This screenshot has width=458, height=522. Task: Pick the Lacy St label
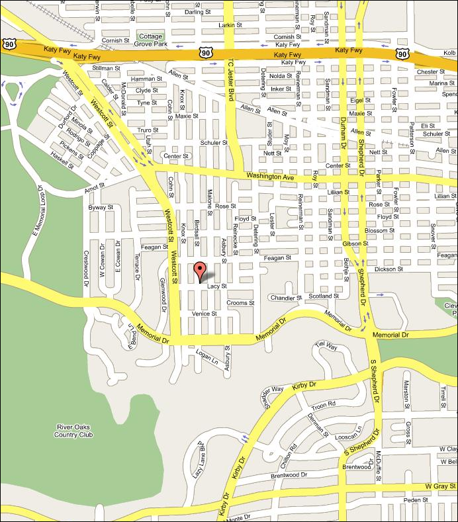tap(217, 286)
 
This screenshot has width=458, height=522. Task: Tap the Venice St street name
tap(204, 314)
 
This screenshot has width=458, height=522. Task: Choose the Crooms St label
tap(240, 303)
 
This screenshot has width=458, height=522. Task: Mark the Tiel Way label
tap(326, 345)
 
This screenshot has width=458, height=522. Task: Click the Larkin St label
tap(227, 24)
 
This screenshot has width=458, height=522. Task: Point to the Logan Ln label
tap(208, 358)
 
